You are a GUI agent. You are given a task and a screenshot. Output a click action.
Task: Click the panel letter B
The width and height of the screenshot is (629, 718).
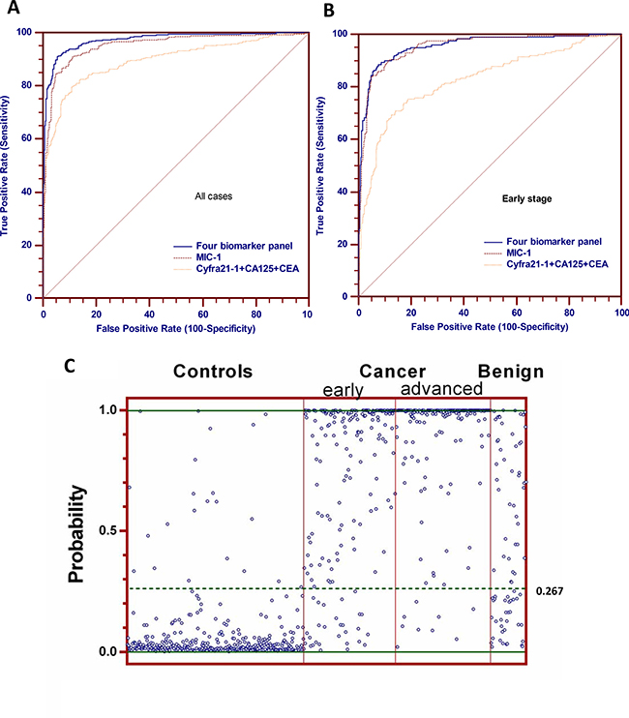click(x=329, y=13)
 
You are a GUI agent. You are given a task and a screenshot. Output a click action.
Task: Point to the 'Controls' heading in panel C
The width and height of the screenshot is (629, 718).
click(x=214, y=372)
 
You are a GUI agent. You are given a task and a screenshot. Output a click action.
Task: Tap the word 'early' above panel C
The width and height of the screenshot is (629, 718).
click(x=344, y=389)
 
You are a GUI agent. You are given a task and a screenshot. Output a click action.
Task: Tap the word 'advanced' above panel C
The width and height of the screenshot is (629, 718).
click(x=441, y=389)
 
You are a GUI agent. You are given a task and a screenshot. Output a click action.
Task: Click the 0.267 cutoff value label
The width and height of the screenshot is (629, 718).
click(x=549, y=588)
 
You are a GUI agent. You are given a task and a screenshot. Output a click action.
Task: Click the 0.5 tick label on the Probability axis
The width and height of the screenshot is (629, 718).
click(x=114, y=530)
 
